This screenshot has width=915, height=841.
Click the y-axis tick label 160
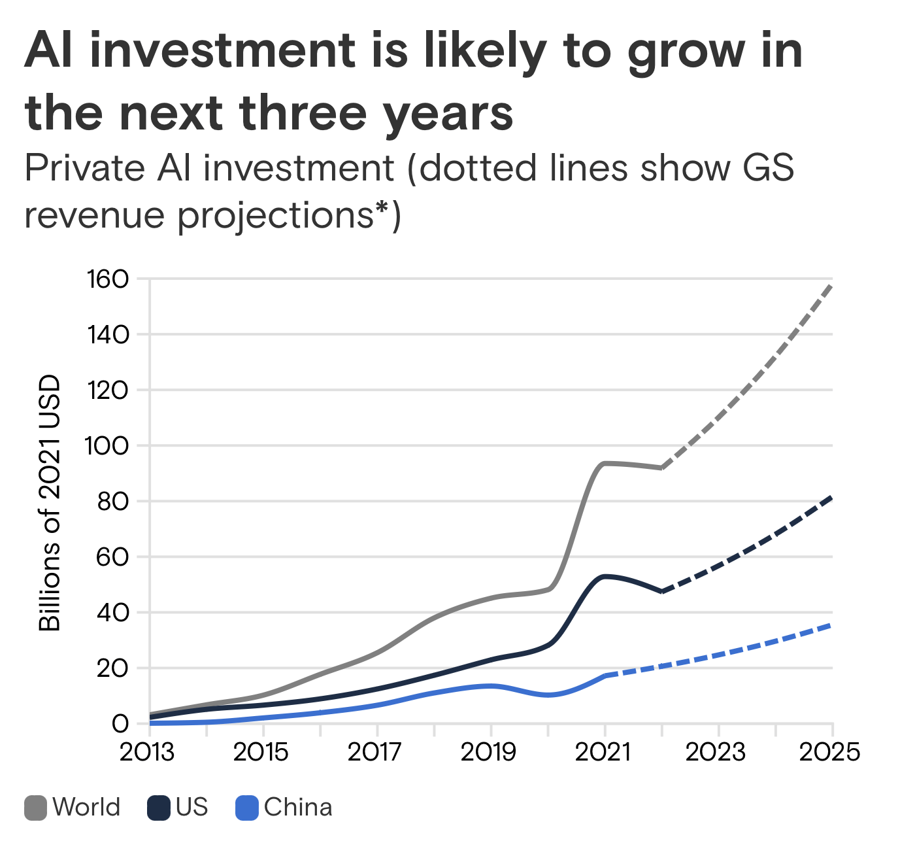coord(108,280)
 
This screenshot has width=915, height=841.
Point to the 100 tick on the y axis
coord(108,447)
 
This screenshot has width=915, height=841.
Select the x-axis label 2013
coord(147,753)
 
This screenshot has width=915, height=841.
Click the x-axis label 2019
coord(489,753)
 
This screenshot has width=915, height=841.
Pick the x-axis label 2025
coord(830,753)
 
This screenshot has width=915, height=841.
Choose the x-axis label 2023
coord(716,753)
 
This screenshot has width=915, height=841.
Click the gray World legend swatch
coord(35,808)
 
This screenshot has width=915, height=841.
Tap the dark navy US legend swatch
coord(159,808)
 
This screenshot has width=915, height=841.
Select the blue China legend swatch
coord(247,808)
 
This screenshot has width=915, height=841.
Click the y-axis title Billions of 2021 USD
coord(50,502)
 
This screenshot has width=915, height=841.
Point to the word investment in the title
coord(227,51)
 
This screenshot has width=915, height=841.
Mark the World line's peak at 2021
coord(605,463)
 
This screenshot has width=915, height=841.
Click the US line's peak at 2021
coord(605,576)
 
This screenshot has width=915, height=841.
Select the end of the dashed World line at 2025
coord(831,285)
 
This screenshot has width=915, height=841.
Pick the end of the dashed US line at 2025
coord(831,498)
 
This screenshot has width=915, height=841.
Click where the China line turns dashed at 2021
coord(606,675)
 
